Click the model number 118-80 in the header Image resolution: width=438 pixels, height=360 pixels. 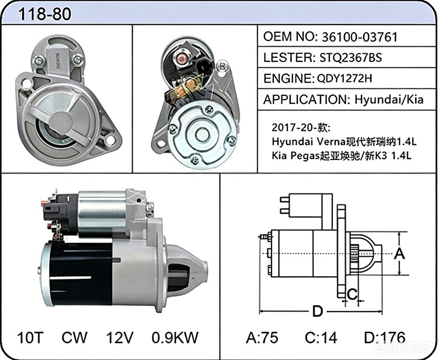pos(45,14)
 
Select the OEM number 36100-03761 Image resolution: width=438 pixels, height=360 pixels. pos(360,37)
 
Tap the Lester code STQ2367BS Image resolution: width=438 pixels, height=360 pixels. pos(350,58)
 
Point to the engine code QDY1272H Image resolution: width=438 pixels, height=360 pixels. pos(345,78)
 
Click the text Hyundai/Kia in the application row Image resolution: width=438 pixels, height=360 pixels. pos(389,99)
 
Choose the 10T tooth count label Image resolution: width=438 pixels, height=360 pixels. pos(30,337)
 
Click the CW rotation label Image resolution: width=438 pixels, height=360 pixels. pos(74,337)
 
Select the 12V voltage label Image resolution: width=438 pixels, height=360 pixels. pos(120,337)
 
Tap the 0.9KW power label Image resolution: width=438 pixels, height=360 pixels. pos(175,337)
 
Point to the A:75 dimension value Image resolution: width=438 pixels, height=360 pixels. pos(262,337)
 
